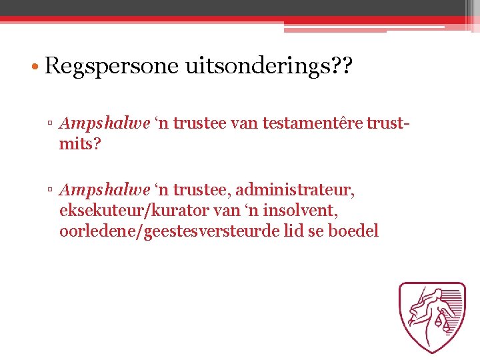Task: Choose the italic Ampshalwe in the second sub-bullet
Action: click(104, 191)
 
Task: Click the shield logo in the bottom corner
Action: click(432, 317)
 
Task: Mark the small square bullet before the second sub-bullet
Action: click(51, 191)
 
